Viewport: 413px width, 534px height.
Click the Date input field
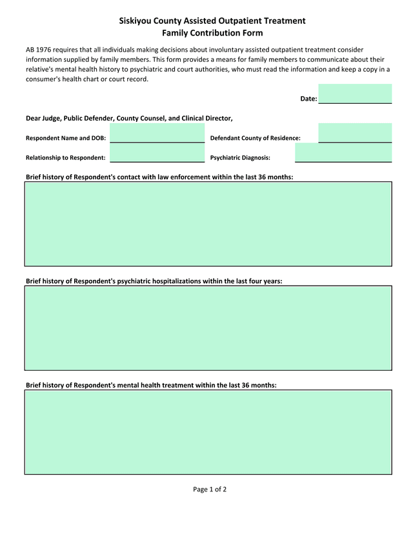(x=355, y=94)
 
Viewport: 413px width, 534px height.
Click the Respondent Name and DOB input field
(x=157, y=133)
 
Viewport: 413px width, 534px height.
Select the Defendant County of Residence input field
(x=355, y=133)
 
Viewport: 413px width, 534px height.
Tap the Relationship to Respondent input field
(x=157, y=153)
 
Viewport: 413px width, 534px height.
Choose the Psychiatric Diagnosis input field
(x=343, y=153)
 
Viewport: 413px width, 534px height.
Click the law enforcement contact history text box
(x=208, y=224)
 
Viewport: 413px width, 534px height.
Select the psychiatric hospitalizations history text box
(x=208, y=328)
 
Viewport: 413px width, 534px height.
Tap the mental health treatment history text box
(x=208, y=432)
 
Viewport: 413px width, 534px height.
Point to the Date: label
(x=308, y=99)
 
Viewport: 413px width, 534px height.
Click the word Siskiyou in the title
(x=137, y=21)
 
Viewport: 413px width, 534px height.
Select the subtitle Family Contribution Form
(x=212, y=33)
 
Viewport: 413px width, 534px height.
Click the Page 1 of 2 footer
(x=210, y=489)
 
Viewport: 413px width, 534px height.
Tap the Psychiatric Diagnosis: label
(x=240, y=158)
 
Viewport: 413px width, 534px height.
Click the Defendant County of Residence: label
(x=256, y=138)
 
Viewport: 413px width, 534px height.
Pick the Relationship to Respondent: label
(x=65, y=158)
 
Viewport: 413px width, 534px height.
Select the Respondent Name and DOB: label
(x=66, y=138)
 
